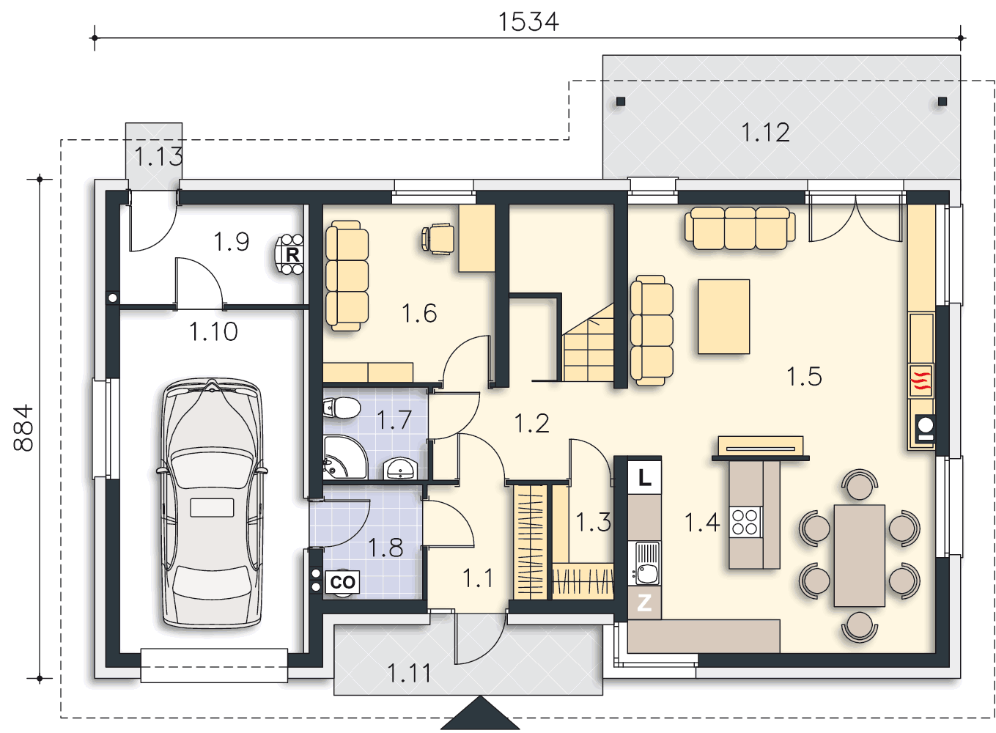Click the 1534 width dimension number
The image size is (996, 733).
tap(528, 22)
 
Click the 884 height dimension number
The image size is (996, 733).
tap(23, 428)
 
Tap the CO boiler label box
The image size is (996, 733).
tap(342, 582)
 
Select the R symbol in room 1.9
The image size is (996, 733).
tap(292, 255)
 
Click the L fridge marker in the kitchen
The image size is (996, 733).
tap(644, 478)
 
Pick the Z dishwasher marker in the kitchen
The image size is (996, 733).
tap(644, 603)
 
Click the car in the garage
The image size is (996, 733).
tap(212, 503)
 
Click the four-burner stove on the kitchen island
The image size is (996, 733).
tap(745, 522)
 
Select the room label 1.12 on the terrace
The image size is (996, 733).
tap(765, 132)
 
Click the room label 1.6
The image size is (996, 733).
tap(419, 313)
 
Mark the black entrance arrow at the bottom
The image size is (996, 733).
tap(480, 713)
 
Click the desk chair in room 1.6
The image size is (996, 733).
tap(438, 239)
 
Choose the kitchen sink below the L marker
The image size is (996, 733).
tap(644, 563)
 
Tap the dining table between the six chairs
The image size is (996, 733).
tap(859, 556)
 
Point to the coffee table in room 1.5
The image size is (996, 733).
tap(723, 317)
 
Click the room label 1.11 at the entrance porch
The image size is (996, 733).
tap(409, 673)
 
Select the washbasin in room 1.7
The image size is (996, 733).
tap(400, 468)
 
